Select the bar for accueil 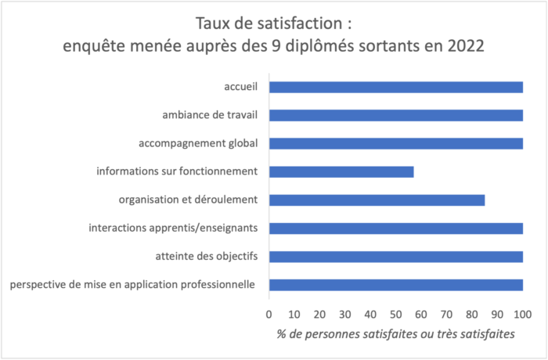tap(395, 87)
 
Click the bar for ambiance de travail tap(395, 115)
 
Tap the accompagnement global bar tap(395, 143)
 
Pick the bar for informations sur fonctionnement tap(341, 171)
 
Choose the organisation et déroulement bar tap(377, 200)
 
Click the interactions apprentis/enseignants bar tap(395, 228)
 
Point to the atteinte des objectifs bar tap(395, 256)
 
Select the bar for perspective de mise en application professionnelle tap(395, 284)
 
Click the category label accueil tap(241, 87)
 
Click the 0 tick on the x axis tap(269, 315)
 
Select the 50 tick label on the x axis tap(396, 315)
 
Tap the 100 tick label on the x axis tap(523, 315)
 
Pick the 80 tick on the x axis tap(472, 315)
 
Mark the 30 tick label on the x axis tap(345, 315)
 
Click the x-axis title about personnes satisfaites tap(395, 334)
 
